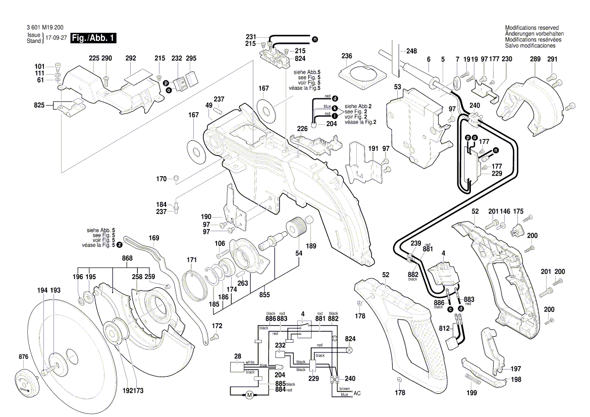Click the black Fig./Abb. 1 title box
(x=94, y=38)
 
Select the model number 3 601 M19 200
(x=47, y=28)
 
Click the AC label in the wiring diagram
(x=357, y=393)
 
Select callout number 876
(x=23, y=357)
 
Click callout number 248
(x=411, y=51)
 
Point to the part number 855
(x=264, y=295)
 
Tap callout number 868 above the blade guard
(x=127, y=258)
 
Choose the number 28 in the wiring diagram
(x=237, y=356)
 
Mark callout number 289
(x=535, y=60)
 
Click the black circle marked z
(x=120, y=245)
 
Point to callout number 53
(x=397, y=87)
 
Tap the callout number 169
(x=154, y=237)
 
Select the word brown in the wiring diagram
(x=344, y=389)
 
